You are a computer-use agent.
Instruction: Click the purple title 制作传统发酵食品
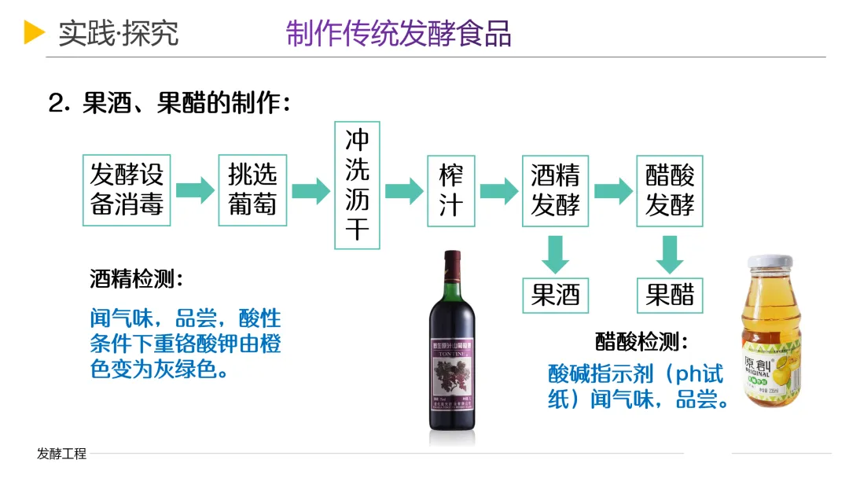399,33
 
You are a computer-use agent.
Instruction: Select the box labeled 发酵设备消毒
127,190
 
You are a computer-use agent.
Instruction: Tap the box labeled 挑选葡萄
252,190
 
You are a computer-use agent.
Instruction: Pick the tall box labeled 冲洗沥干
357,185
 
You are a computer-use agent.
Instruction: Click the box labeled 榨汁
451,190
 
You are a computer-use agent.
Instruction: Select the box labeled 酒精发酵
555,190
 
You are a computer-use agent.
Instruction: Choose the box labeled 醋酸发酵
670,190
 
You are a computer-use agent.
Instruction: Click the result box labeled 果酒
555,295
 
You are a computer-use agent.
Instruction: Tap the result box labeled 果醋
670,295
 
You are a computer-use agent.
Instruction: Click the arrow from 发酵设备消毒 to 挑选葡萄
195,190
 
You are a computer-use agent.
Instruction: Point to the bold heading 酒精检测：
137,279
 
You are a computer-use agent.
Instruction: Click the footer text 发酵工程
61,454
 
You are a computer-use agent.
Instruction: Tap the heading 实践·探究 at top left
118,33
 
